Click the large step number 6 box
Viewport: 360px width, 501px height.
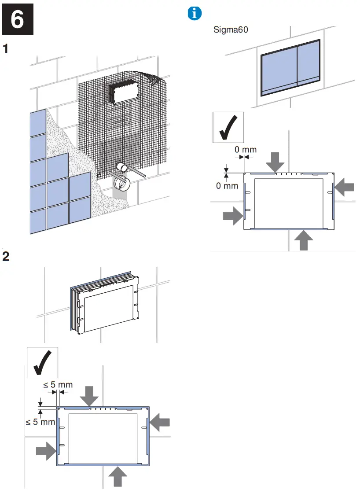point(18,20)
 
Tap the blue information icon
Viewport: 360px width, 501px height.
point(194,14)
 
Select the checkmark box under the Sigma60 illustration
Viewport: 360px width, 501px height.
point(228,128)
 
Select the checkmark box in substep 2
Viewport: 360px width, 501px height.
point(43,362)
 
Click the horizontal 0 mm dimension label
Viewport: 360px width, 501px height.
point(245,150)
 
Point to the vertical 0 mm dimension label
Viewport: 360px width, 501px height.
point(227,186)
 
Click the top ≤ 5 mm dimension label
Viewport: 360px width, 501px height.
point(58,385)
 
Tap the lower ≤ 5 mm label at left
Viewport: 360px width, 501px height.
point(40,422)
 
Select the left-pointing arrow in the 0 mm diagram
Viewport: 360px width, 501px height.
point(344,188)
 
